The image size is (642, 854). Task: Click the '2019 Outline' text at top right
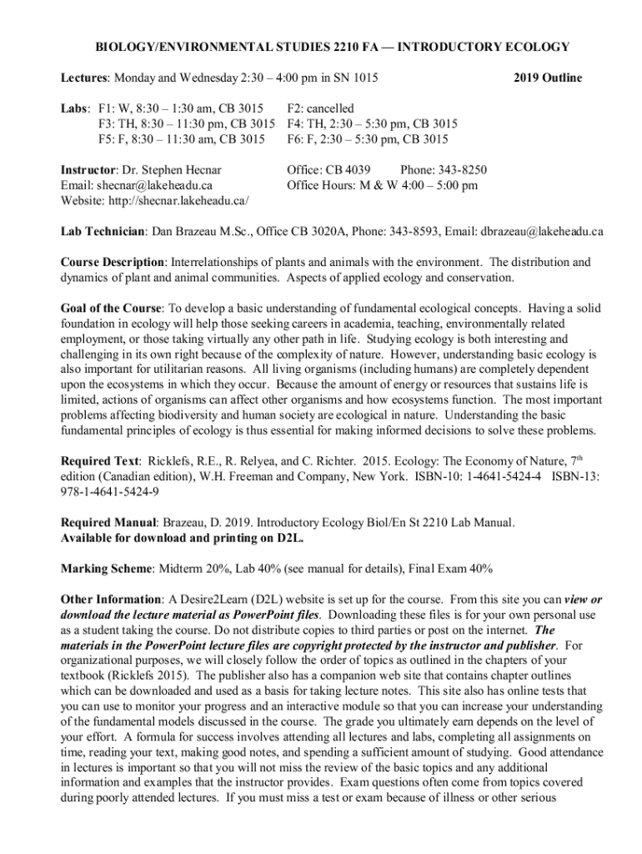[x=547, y=78]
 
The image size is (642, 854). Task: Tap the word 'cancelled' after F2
[x=332, y=108]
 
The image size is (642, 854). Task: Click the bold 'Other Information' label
[x=111, y=600]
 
